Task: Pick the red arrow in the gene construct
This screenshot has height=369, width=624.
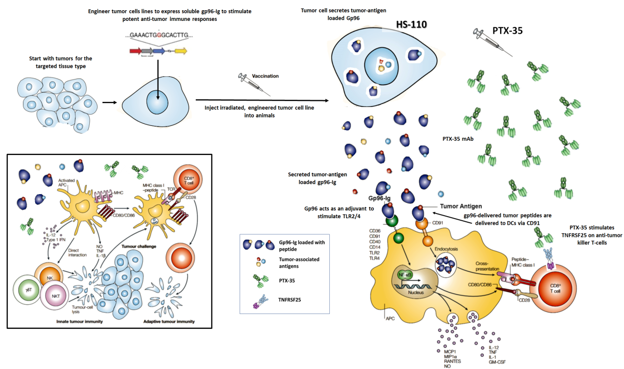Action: tap(136, 51)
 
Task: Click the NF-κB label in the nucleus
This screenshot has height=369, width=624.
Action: tap(405, 275)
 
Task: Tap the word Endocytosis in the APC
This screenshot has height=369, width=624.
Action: tap(447, 249)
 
